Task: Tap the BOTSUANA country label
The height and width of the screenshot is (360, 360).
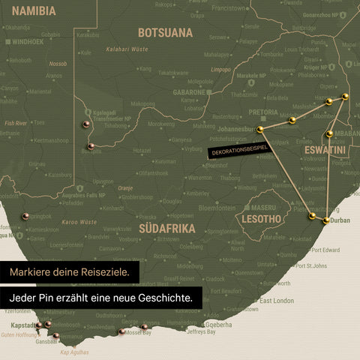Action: pos(165,33)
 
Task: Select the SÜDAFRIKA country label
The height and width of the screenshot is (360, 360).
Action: pos(167,228)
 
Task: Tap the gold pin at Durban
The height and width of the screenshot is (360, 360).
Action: pos(326,220)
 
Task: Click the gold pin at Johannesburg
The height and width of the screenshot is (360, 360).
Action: pos(260,130)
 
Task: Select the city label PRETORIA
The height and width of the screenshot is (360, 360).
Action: pos(263,112)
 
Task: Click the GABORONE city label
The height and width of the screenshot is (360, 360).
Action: pos(189,91)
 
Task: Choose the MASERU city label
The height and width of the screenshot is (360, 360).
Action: pos(264,206)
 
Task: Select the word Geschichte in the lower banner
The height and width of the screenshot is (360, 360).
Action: pos(160,298)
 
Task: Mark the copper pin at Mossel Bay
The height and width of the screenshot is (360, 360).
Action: pos(121,331)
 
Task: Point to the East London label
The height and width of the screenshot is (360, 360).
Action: pos(277,300)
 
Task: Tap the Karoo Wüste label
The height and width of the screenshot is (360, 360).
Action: pos(79,222)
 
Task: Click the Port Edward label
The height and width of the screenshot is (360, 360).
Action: pos(325,250)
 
